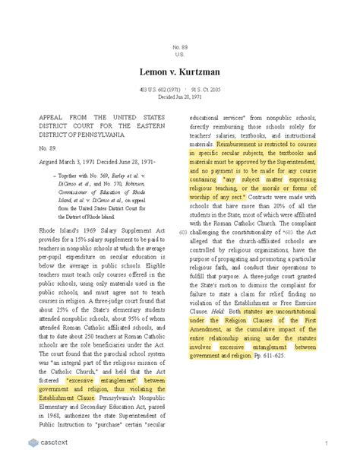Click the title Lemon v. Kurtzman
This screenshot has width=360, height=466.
[180, 72]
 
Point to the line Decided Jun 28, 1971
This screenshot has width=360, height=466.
[180, 97]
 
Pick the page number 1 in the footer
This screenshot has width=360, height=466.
[325, 443]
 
